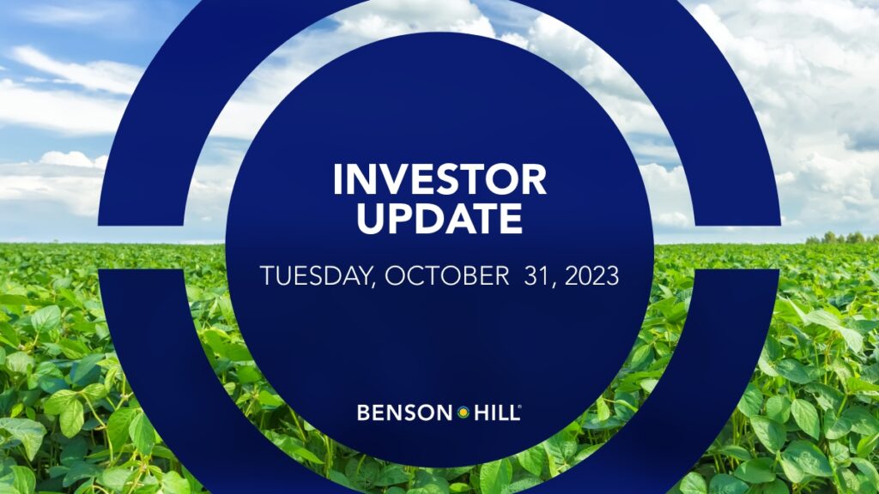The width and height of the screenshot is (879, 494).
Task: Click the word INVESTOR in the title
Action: [439, 179]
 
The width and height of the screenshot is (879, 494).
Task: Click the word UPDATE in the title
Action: [439, 219]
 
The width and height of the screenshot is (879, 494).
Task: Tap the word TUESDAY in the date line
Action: [316, 276]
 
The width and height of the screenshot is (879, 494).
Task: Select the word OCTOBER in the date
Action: [446, 276]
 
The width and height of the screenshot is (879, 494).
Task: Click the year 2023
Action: [591, 276]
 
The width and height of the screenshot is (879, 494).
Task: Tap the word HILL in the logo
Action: [495, 413]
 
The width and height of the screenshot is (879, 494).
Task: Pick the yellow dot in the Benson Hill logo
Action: [464, 413]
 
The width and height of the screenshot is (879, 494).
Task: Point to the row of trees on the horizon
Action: [841, 238]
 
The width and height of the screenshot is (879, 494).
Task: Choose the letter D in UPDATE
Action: [429, 219]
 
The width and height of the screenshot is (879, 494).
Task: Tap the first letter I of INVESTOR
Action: [337, 179]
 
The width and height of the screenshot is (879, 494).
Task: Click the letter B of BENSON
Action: [363, 413]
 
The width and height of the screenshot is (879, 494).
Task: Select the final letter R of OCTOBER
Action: [502, 276]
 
